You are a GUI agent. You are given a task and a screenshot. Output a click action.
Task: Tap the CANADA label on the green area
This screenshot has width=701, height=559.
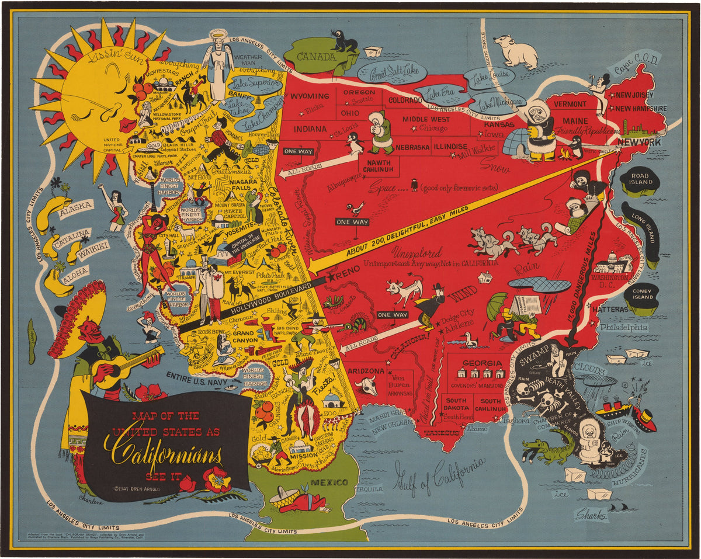(315, 57)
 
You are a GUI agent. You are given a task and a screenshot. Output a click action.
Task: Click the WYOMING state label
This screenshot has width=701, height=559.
(310, 96)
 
